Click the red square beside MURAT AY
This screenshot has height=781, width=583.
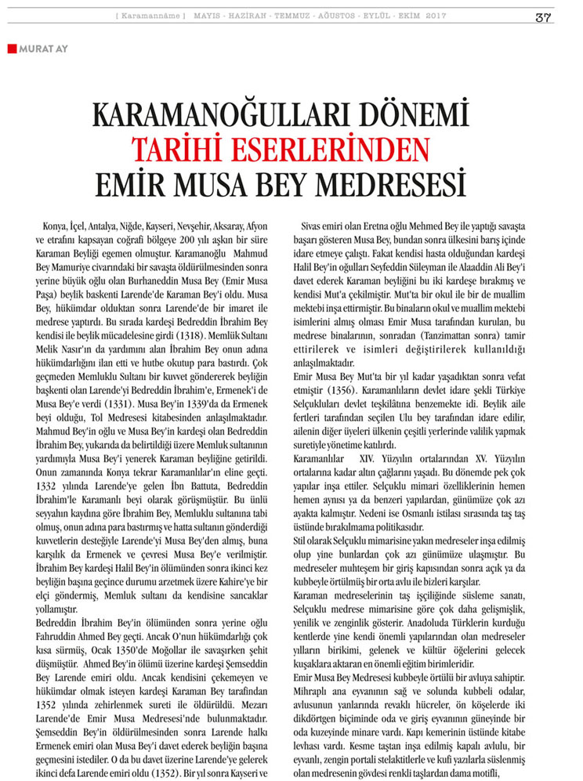pyautogui.click(x=12, y=49)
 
